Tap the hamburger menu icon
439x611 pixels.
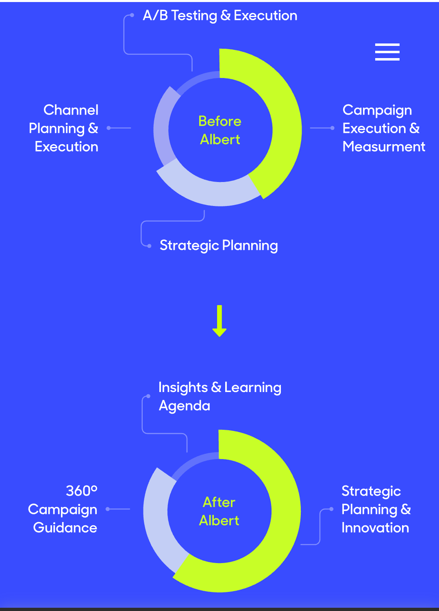[387, 52]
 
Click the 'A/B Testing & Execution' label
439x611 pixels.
[220, 16]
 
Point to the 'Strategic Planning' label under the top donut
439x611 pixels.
[219, 245]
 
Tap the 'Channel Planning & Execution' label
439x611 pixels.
[64, 128]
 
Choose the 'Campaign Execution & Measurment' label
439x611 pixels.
[383, 128]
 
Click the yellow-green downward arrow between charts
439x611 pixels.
[219, 321]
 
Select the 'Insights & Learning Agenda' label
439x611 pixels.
[219, 396]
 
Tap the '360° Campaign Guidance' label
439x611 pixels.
[63, 509]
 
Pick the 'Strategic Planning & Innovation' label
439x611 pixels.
[376, 509]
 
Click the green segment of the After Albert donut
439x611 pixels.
[280, 528]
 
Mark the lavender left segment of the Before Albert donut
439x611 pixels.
[161, 126]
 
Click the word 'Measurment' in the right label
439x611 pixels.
[384, 147]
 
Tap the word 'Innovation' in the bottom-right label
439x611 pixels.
[375, 528]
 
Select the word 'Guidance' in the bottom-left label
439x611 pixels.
[65, 528]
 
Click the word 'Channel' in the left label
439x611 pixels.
[71, 110]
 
